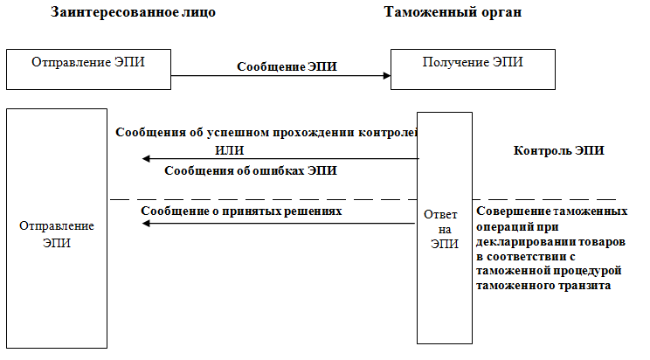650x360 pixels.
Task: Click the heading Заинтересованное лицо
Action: coord(133,12)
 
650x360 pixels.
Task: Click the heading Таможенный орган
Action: coord(453,12)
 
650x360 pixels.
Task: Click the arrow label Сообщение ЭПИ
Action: coord(287,66)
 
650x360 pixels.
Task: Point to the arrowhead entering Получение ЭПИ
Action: coord(387,75)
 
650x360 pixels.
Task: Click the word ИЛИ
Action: coord(229,150)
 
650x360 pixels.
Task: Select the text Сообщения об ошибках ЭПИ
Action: coord(251,170)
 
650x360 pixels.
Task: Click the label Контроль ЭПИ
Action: coord(559,150)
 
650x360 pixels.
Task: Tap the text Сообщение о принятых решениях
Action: coord(241,211)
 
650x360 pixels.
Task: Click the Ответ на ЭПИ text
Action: coord(445,229)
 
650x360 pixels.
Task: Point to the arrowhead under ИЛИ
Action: coord(146,158)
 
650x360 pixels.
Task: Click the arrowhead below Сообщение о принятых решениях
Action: coord(146,224)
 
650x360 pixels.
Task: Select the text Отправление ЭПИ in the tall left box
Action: coord(57,234)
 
